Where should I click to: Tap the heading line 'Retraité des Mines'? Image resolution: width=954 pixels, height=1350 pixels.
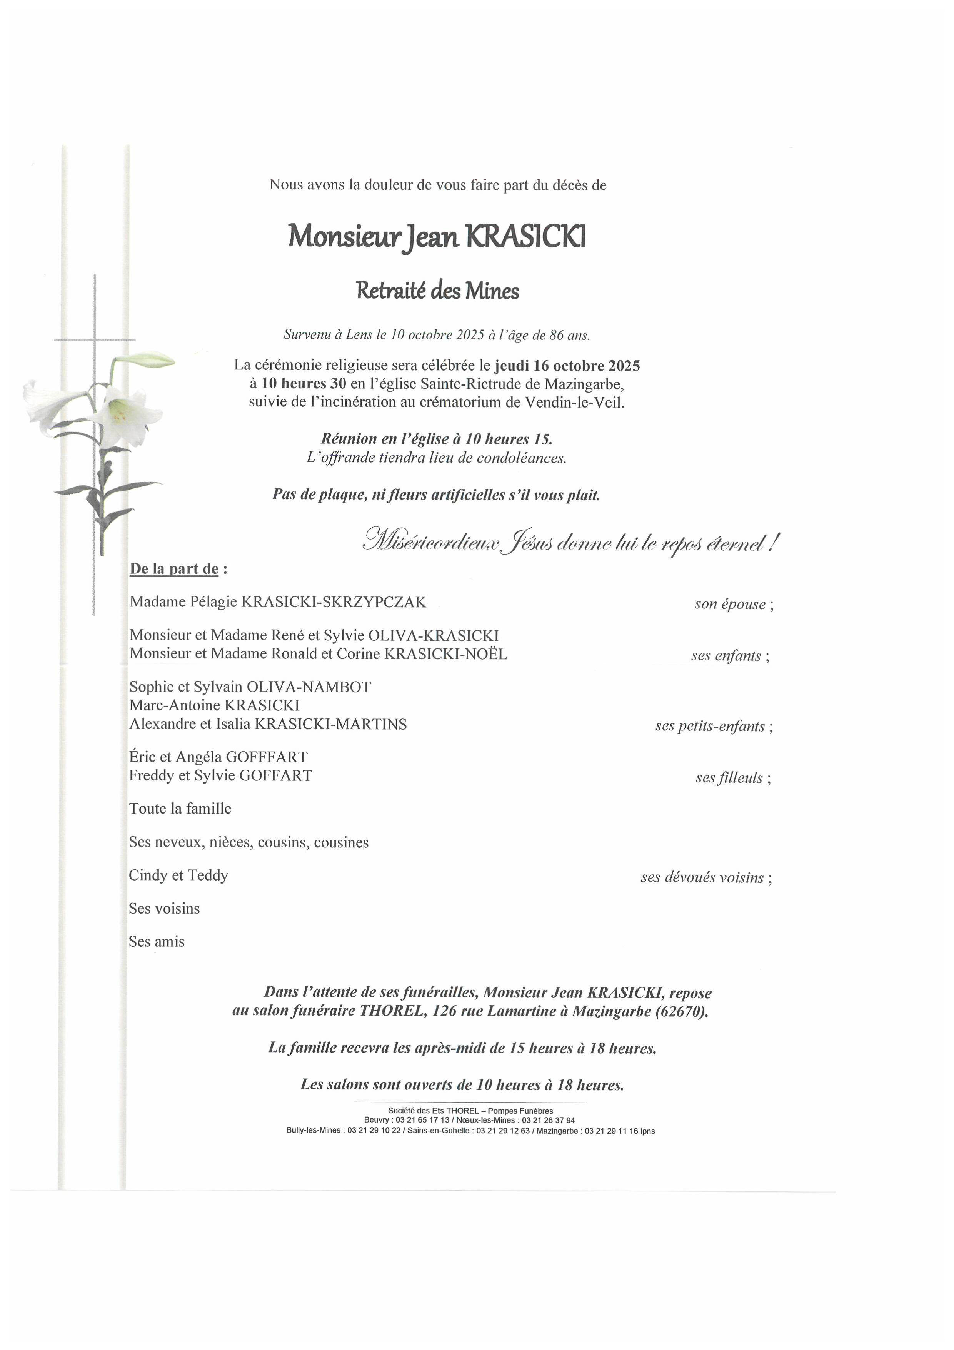[437, 291]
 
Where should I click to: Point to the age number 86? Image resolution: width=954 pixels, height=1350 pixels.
[556, 335]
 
